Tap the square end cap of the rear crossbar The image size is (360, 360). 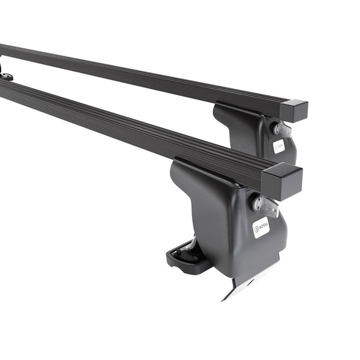point(293,111)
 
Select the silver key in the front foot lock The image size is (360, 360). point(266,205)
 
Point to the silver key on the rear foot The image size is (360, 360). point(282,129)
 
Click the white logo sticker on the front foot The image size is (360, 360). point(261,227)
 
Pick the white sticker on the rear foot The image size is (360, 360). point(279,146)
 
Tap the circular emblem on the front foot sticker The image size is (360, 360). point(257,229)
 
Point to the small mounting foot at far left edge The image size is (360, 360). point(5,75)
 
